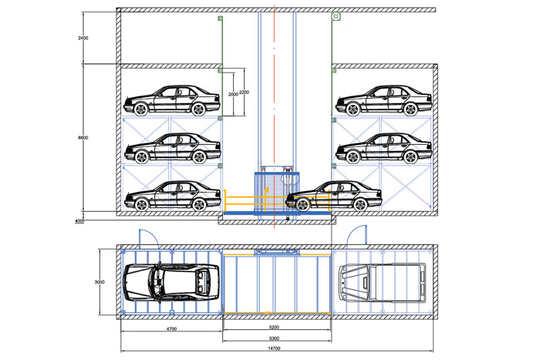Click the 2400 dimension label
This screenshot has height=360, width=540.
[83, 38]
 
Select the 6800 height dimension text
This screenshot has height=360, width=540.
[83, 138]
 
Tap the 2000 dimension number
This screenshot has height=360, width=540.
[233, 94]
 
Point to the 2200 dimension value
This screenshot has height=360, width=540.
[244, 93]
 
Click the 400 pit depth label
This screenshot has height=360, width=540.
[79, 221]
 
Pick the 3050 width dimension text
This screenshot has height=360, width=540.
[100, 282]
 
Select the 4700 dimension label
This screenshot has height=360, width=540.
[171, 328]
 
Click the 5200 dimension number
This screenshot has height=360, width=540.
[274, 327]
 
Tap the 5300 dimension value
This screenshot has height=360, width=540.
[274, 338]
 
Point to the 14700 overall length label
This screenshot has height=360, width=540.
[274, 348]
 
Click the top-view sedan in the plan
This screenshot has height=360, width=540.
[171, 283]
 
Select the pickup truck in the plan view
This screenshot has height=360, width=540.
[383, 283]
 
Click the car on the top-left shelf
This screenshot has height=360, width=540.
[172, 100]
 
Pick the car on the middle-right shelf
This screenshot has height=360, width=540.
[384, 148]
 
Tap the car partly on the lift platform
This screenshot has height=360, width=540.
[334, 196]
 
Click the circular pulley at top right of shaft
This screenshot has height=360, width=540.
[336, 16]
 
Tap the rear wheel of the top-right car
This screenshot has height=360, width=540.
[410, 109]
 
